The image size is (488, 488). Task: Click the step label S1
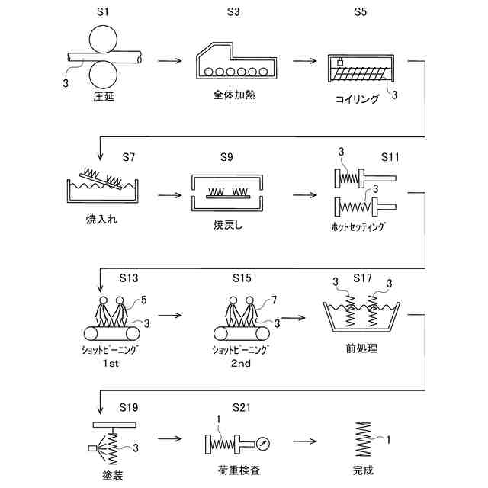[103, 12]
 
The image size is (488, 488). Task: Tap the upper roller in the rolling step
[103, 40]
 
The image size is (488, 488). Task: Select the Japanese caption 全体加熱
[234, 95]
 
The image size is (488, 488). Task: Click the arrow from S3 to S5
[305, 61]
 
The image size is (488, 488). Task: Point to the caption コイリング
[358, 99]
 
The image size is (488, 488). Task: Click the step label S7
[129, 157]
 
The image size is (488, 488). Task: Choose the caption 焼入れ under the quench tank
[101, 220]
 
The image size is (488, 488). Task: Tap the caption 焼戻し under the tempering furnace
[228, 225]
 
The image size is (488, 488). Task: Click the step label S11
[390, 157]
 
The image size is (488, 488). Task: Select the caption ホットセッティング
[358, 226]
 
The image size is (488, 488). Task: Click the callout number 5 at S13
[143, 300]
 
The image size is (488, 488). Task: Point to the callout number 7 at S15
[274, 300]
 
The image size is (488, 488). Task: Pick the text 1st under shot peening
[111, 363]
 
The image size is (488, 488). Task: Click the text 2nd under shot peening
[241, 363]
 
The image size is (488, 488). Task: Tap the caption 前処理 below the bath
[361, 348]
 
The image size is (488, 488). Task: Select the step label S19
[129, 407]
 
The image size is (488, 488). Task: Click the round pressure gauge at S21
[263, 444]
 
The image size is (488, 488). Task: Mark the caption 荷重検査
[239, 470]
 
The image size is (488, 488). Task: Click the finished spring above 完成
[363, 439]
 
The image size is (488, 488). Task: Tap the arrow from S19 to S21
[169, 439]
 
